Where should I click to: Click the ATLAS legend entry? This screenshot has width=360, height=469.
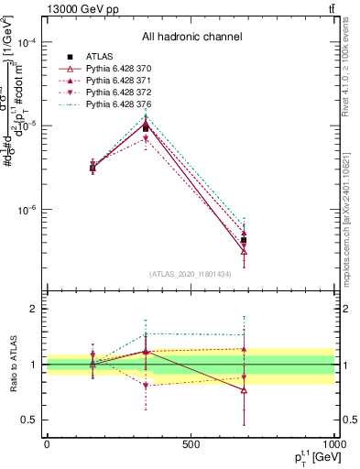point(100,58)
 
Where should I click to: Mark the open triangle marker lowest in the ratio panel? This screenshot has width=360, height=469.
point(244,390)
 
